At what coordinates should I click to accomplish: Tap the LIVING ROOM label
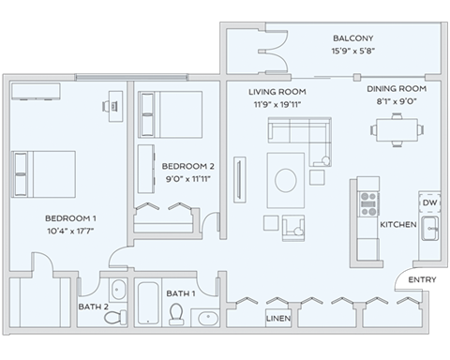point(278,92)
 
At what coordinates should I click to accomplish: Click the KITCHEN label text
point(397,225)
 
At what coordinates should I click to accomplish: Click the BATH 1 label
point(182,293)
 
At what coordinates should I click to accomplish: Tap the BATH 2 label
point(93,305)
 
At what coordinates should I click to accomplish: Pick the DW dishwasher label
point(429,203)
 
